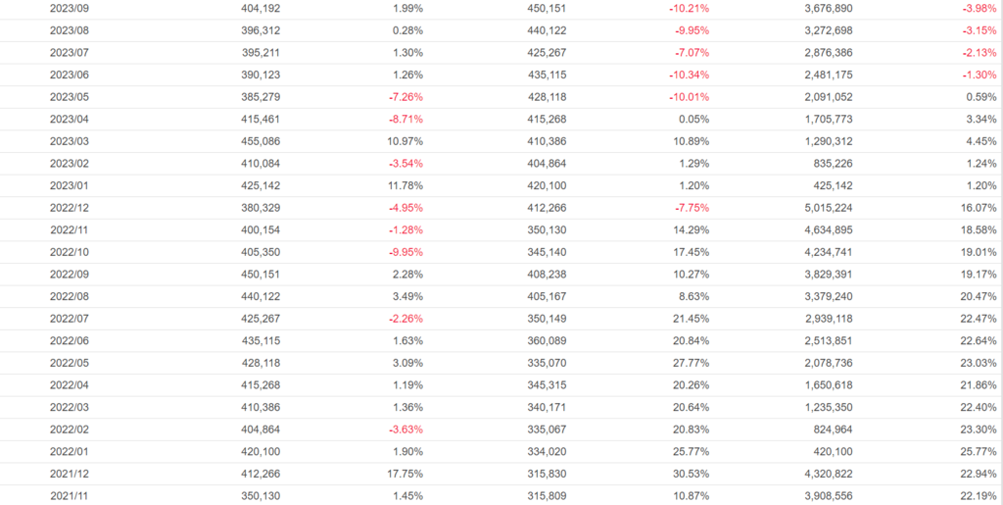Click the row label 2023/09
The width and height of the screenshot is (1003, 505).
(69, 8)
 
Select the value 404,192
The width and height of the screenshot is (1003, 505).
(261, 8)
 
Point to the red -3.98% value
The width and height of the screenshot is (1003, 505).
(979, 8)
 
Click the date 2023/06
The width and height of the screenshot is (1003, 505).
(69, 75)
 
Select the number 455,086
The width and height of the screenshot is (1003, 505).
(261, 141)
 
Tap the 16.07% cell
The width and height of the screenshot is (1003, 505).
(979, 208)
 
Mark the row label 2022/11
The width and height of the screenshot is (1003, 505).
(69, 229)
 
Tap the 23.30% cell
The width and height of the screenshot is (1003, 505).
(979, 429)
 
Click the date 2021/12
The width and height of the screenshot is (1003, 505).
(69, 474)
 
